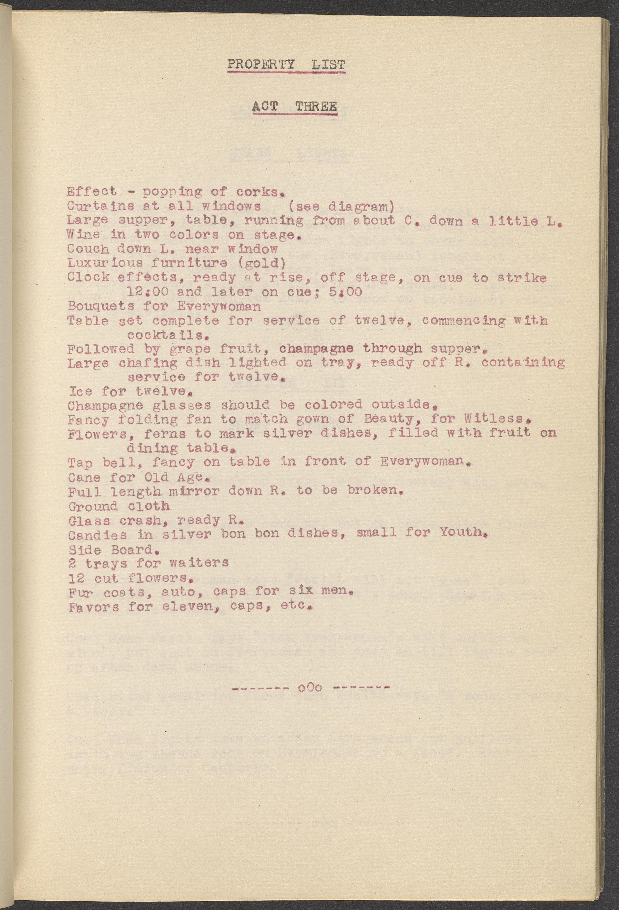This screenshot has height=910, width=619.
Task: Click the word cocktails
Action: pyautogui.click(x=166, y=335)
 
